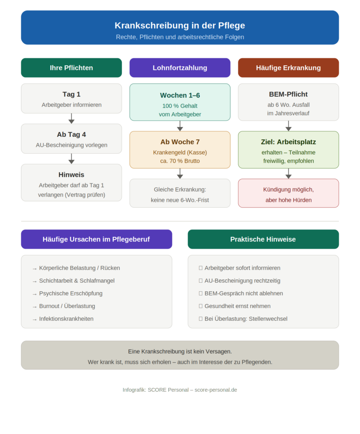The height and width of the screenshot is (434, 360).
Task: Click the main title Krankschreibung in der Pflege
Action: point(180,25)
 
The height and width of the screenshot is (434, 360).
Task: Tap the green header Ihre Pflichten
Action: point(71,68)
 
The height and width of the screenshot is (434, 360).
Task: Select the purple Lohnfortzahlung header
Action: point(180,68)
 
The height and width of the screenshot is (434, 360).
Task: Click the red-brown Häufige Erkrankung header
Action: point(288,68)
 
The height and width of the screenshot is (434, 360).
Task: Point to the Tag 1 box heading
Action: point(71,95)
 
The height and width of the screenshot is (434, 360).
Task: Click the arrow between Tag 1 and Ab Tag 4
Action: point(71,119)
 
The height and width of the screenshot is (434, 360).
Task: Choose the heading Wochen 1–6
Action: point(180,95)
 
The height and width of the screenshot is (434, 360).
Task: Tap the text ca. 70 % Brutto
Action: point(180,161)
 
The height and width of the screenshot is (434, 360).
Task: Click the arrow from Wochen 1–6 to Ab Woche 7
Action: point(180,126)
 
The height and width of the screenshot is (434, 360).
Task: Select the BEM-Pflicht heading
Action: point(288,95)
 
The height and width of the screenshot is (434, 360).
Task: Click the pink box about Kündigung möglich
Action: point(288,193)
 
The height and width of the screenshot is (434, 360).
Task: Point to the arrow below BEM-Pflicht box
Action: point(288,126)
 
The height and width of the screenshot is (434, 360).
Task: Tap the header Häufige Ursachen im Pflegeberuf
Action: point(96,239)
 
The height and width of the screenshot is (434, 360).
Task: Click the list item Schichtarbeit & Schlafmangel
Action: point(77,281)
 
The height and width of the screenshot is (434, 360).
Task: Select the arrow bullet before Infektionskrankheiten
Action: point(35,320)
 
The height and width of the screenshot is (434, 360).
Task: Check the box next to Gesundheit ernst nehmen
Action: point(201,306)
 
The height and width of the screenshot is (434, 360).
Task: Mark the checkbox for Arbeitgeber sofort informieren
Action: point(201,268)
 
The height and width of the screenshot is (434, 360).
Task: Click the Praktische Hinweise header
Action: point(263,239)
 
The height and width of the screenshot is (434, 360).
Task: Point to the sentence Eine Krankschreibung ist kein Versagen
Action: point(180,351)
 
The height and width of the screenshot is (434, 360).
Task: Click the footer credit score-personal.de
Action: point(216,390)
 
